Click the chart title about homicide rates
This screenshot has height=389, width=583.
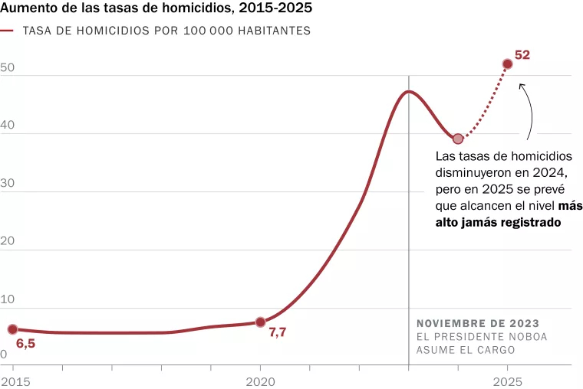156,11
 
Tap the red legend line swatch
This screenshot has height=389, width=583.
8,31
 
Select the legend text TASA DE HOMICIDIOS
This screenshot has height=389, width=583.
166,31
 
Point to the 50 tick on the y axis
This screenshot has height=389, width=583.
8,67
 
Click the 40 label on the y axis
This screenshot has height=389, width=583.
8,126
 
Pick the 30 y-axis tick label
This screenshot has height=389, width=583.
8,184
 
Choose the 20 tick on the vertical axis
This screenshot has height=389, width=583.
8,242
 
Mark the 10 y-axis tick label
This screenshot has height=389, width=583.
8,300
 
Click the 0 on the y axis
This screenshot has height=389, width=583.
4,355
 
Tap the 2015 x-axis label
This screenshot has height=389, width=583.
13,381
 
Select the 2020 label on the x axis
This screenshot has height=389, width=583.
260,381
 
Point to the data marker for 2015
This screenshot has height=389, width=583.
13,329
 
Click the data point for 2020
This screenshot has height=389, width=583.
260,322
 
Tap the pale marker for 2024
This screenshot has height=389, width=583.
458,139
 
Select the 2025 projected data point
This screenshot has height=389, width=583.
507,64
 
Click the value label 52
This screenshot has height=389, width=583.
522,55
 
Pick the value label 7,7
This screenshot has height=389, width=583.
277,332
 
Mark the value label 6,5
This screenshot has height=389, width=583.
25,344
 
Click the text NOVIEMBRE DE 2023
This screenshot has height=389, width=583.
477,323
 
